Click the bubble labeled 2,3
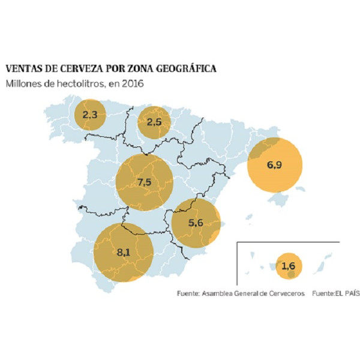tap(90, 114)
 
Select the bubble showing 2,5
tap(154, 122)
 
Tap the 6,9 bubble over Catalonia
tap(275, 165)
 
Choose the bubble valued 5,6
tap(196, 223)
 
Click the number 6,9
tap(275, 165)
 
